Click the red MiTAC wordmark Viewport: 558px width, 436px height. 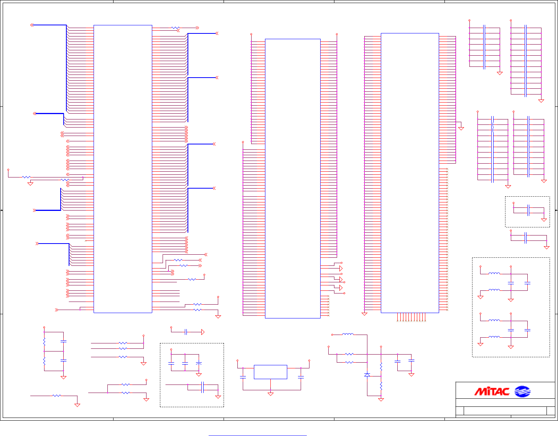(492, 391)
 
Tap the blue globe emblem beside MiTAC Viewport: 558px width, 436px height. (522, 391)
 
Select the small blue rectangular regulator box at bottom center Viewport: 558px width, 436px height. (270, 372)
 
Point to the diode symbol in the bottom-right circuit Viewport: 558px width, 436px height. (367, 375)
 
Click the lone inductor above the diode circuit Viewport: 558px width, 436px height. (348, 335)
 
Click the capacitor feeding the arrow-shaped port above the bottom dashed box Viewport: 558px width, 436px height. (186, 332)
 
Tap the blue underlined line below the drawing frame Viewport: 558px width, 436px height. (258, 436)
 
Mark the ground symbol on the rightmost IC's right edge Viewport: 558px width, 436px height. (461, 128)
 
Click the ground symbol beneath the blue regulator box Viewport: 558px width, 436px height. (270, 394)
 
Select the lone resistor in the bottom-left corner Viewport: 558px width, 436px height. (57, 395)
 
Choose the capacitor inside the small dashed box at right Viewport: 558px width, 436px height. (528, 210)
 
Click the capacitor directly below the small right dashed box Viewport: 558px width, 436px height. (526, 238)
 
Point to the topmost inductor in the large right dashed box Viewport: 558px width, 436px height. (494, 274)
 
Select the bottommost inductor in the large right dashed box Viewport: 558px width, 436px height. (494, 337)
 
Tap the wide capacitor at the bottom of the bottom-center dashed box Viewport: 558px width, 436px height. (202, 387)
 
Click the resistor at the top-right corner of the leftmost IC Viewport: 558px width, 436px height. (175, 28)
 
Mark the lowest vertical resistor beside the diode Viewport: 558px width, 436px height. (381, 386)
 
